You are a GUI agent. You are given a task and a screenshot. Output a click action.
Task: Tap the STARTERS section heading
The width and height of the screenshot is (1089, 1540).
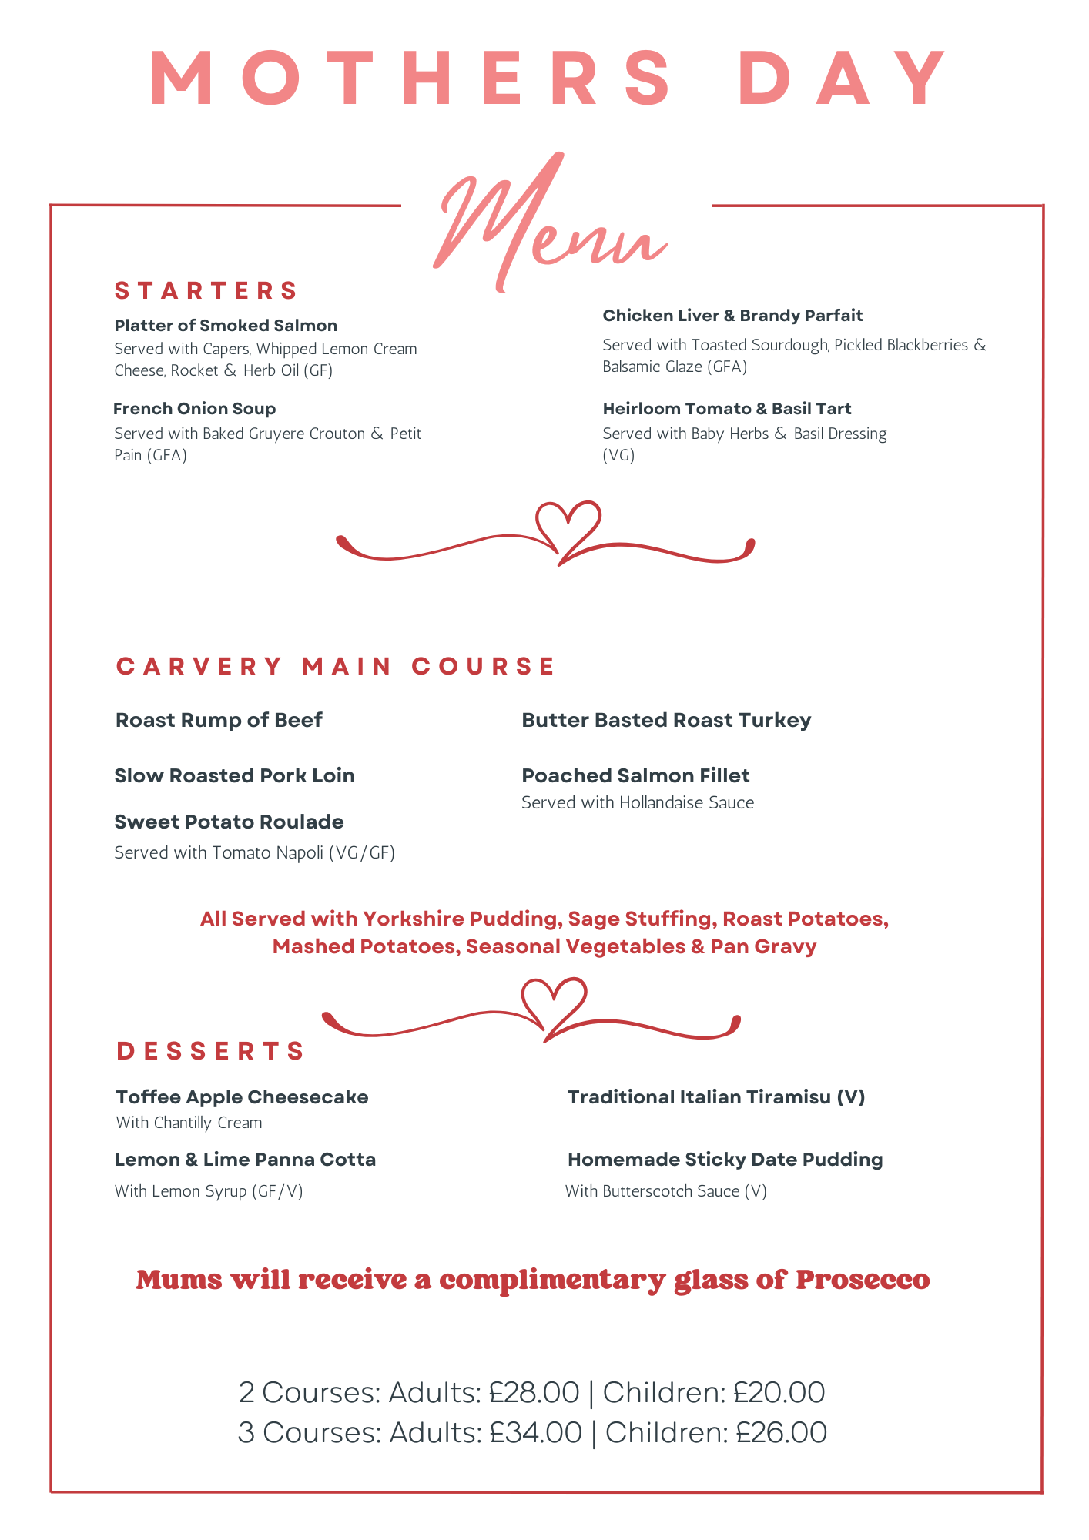206,291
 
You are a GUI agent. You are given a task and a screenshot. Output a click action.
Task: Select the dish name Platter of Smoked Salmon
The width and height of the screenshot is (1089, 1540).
226,326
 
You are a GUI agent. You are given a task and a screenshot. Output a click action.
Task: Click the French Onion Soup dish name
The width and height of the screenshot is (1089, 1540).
195,409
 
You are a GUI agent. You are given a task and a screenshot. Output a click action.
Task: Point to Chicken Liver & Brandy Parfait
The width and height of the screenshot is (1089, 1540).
732,316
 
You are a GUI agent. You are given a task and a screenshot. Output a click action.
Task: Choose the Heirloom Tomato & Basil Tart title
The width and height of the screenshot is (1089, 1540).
726,409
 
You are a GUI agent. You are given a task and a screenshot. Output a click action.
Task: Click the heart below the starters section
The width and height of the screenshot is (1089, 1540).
568,527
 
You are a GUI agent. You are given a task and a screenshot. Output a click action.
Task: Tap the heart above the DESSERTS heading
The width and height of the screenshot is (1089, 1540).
554,1003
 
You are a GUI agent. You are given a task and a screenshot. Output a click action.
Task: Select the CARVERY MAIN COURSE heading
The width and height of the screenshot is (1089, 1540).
336,666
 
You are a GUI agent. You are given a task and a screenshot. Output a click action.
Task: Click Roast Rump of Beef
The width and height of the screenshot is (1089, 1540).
219,721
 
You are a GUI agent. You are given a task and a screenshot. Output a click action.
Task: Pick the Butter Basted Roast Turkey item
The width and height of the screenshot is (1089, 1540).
666,721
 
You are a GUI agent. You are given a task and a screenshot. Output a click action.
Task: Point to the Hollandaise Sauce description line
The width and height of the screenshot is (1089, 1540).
638,803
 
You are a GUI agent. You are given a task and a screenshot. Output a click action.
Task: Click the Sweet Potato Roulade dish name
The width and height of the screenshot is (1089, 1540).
229,822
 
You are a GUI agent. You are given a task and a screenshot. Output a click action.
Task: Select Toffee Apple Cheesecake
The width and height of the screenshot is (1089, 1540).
242,1097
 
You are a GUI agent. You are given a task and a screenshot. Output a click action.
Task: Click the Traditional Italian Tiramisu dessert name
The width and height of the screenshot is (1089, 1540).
716,1097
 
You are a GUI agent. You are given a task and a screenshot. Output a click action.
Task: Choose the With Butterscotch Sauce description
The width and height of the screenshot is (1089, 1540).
665,1191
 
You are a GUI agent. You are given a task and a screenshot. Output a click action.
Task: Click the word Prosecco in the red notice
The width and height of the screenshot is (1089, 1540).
863,1281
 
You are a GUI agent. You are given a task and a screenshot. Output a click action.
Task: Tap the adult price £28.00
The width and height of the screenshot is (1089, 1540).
534,1393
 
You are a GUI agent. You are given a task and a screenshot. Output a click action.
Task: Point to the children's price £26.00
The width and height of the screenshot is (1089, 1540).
781,1433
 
